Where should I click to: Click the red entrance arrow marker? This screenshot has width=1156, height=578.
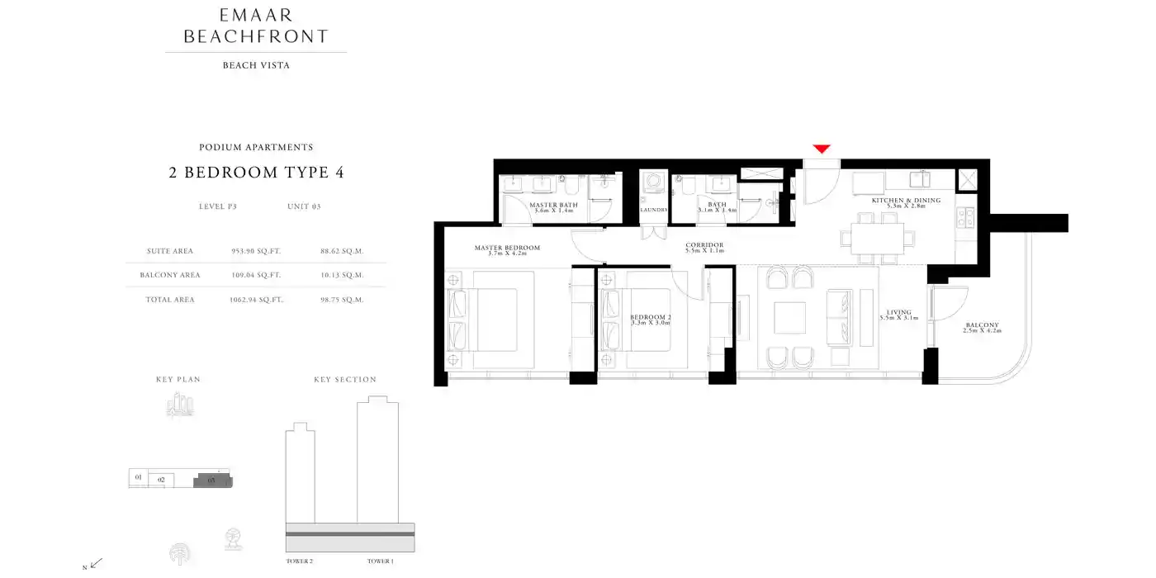[821, 149]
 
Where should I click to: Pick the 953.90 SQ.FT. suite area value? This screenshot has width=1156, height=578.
[256, 251]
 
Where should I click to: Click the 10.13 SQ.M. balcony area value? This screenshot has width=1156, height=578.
[342, 275]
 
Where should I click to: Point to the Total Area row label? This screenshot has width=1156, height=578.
[170, 300]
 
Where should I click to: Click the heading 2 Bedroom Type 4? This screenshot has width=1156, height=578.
[256, 173]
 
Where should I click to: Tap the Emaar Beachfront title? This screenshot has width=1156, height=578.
[256, 26]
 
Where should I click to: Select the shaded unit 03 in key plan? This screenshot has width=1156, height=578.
[212, 480]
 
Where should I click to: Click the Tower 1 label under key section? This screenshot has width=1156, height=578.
[380, 561]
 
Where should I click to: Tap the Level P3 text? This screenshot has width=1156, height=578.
[218, 206]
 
